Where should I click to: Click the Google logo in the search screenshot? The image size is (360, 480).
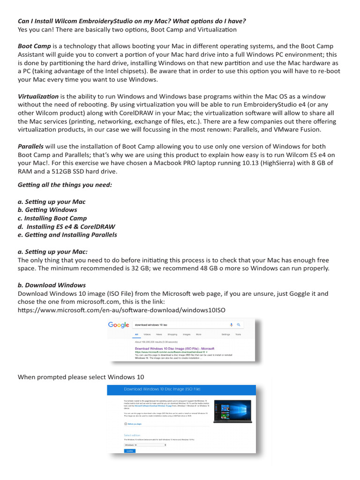[119, 325]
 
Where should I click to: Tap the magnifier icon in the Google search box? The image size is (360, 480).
[238, 324]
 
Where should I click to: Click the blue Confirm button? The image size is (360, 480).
[129, 450]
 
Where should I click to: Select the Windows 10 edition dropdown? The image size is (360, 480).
[145, 444]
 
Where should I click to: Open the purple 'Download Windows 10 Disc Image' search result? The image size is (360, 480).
[174, 348]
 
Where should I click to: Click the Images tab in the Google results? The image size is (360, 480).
[187, 335]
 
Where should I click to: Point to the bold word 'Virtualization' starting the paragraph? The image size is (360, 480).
[38, 96]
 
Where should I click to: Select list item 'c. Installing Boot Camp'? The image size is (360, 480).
[52, 218]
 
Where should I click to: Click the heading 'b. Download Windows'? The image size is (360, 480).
[52, 285]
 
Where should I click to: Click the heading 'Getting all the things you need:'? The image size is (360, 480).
[65, 185]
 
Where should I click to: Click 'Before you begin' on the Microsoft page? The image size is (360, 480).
[134, 424]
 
